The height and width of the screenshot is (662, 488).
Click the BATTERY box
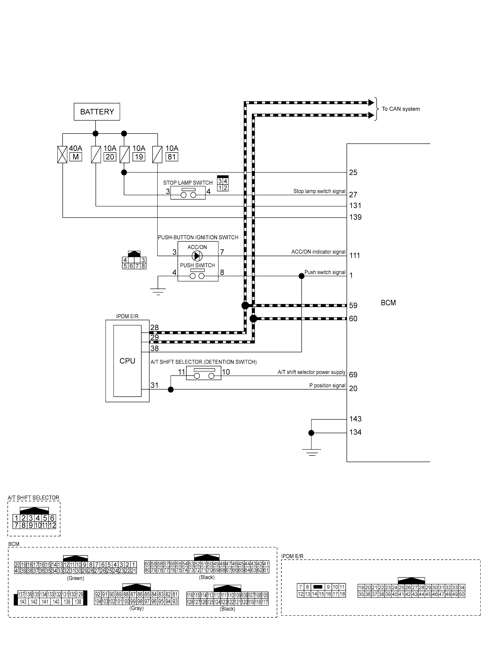point(97,112)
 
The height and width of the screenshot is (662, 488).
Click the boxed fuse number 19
point(139,157)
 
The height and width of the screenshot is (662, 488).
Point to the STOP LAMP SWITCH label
point(188,183)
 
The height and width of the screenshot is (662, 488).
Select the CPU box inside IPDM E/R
point(127,361)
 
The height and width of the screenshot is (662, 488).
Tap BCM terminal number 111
point(355,255)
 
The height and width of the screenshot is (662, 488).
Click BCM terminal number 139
point(355,217)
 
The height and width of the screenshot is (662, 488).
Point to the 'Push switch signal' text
point(325,272)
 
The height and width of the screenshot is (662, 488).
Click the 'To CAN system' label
point(401,109)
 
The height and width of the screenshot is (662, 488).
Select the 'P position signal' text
point(327,386)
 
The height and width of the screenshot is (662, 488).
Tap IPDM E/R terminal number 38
point(154,349)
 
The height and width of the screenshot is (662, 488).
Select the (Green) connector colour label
point(76,578)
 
